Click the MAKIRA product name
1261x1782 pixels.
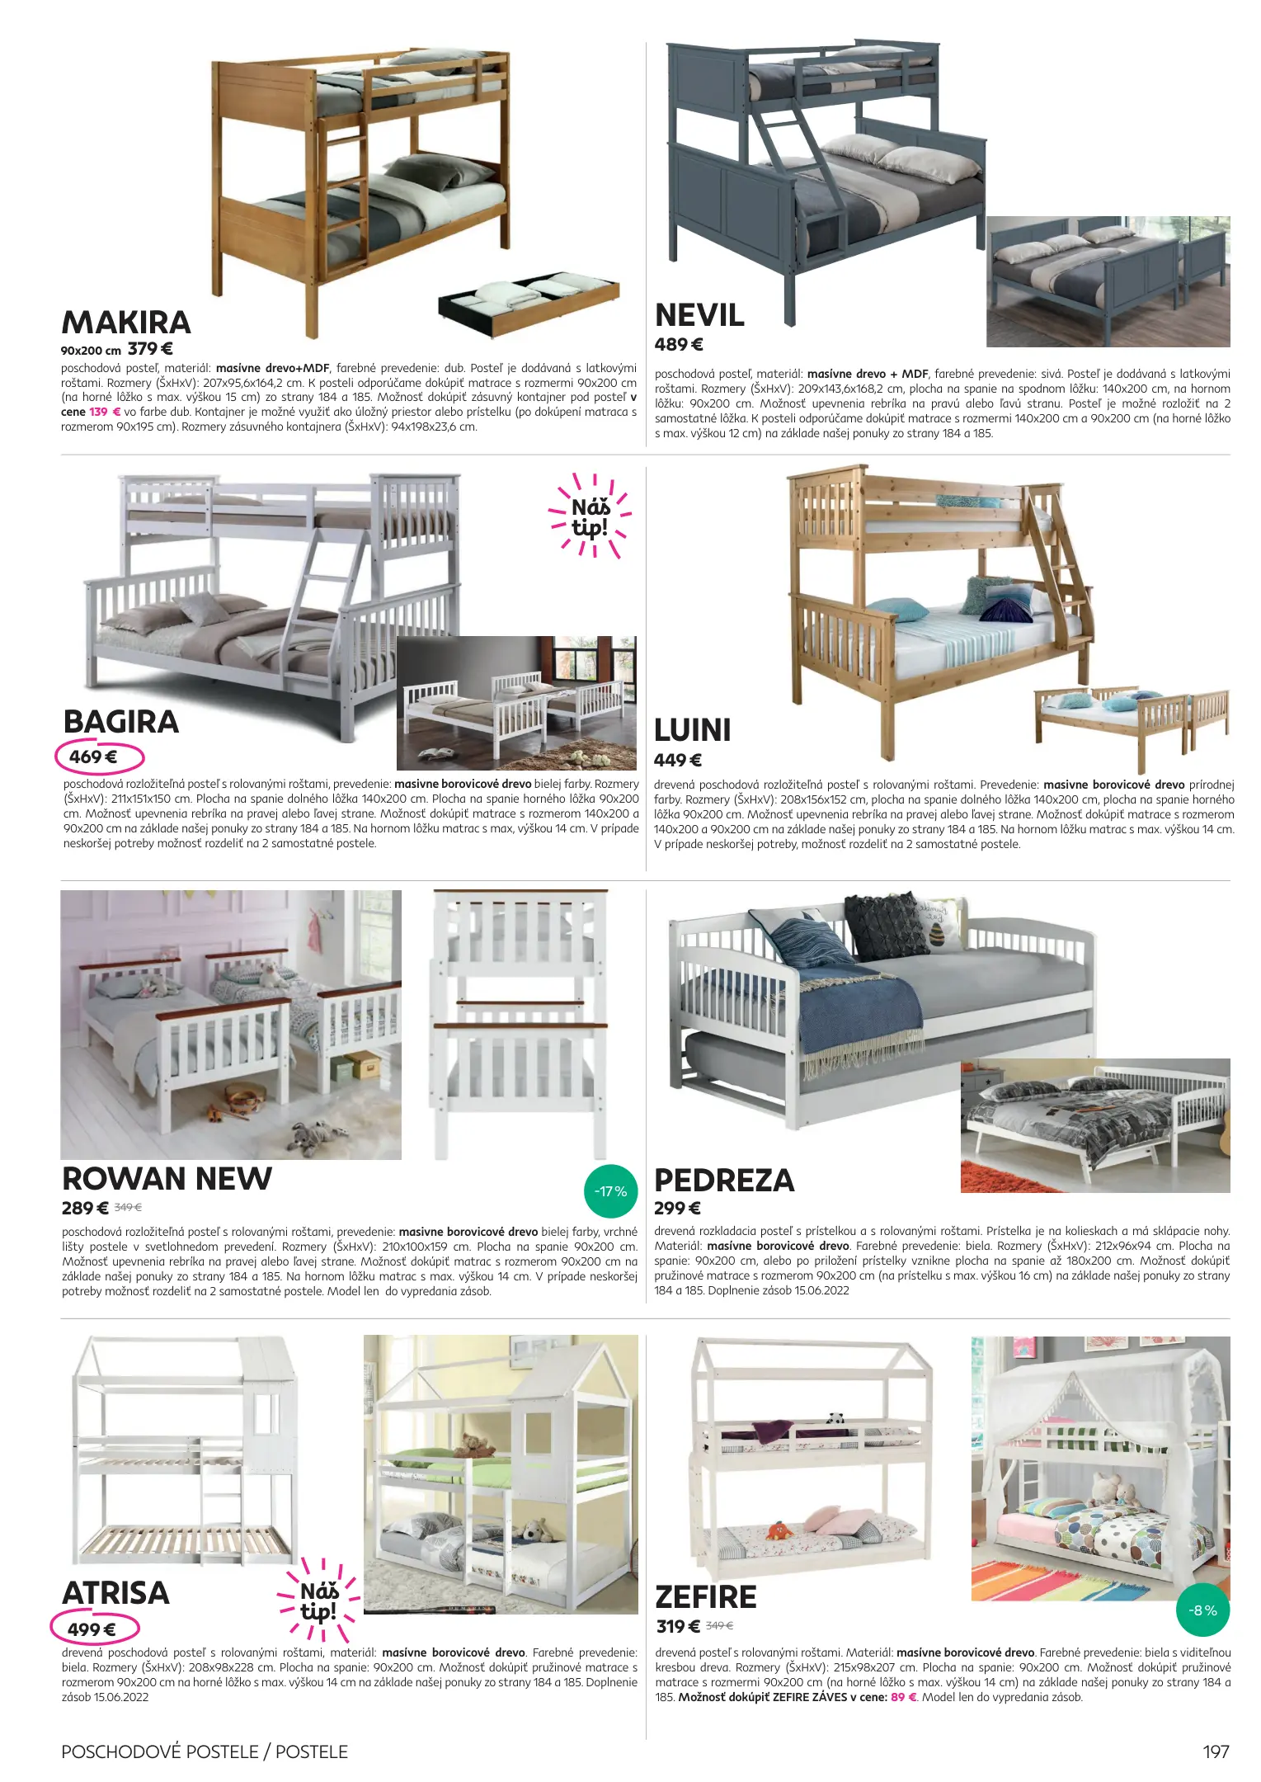tap(126, 323)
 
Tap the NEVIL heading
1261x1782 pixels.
tap(699, 315)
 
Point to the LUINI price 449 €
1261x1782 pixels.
tap(677, 761)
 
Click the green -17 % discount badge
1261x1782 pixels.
tap(610, 1191)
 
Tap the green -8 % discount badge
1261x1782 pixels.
tap(1202, 1610)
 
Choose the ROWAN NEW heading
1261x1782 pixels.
tap(167, 1179)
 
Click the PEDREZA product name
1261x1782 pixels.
tap(723, 1181)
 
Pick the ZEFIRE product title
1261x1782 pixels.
tap(705, 1597)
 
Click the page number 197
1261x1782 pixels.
tap(1216, 1751)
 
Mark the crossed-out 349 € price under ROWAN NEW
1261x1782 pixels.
tap(128, 1208)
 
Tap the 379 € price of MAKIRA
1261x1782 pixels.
tap(150, 349)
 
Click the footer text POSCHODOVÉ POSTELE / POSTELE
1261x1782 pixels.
tap(205, 1751)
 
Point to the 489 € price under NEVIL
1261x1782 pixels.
tap(678, 345)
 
